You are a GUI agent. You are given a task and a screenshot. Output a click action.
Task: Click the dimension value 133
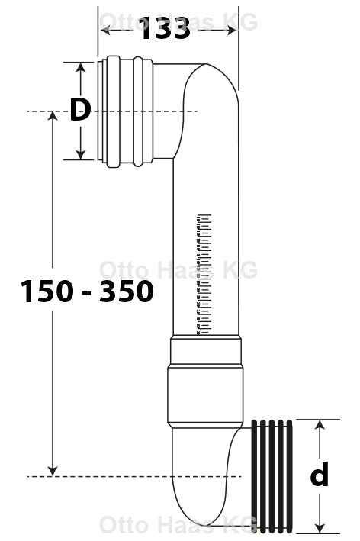[x=164, y=30]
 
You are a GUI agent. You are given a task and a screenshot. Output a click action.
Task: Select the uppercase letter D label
[x=80, y=111]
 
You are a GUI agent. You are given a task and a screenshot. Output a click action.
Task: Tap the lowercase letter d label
[x=320, y=475]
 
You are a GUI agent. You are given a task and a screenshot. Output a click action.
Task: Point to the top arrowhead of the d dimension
[x=320, y=424]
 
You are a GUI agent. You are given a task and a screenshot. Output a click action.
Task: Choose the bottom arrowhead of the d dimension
[x=320, y=528]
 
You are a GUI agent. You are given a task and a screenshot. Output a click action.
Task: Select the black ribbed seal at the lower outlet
[x=272, y=475]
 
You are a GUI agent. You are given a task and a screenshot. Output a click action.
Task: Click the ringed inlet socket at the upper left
[x=126, y=111]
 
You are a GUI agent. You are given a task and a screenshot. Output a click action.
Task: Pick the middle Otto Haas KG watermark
[x=178, y=269]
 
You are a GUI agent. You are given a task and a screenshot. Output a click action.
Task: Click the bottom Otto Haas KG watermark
[x=178, y=525]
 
